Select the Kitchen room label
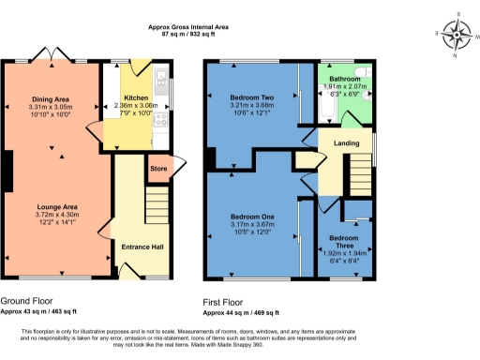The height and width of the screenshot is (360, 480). pos(138,97)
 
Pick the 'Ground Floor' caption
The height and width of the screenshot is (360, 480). pos(25,302)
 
